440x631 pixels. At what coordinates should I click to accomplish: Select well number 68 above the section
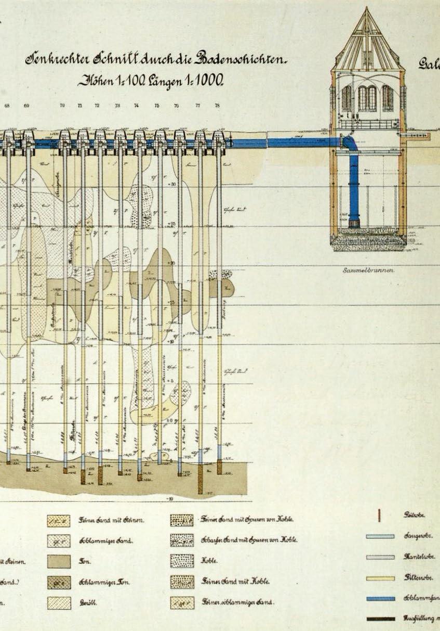[7, 106]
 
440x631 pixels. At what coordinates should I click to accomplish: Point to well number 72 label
[97, 106]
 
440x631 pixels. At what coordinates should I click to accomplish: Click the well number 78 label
[217, 106]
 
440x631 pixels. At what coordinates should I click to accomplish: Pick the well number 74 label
[137, 106]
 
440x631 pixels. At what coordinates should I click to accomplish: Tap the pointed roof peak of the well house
[367, 9]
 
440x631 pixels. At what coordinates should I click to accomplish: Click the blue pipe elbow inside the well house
[349, 143]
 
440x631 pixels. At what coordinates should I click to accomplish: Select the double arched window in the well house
[367, 98]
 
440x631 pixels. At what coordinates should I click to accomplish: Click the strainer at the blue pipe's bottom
[355, 223]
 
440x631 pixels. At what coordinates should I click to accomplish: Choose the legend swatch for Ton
[59, 561]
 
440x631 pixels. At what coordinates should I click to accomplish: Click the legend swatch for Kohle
[182, 561]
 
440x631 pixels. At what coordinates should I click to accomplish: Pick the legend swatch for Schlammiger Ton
[59, 582]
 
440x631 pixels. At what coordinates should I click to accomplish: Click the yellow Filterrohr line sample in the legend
[380, 577]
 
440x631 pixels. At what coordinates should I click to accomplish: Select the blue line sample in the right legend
[380, 598]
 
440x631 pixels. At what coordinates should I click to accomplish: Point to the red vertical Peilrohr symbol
[380, 516]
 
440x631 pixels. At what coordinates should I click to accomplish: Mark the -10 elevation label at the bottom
[169, 498]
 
